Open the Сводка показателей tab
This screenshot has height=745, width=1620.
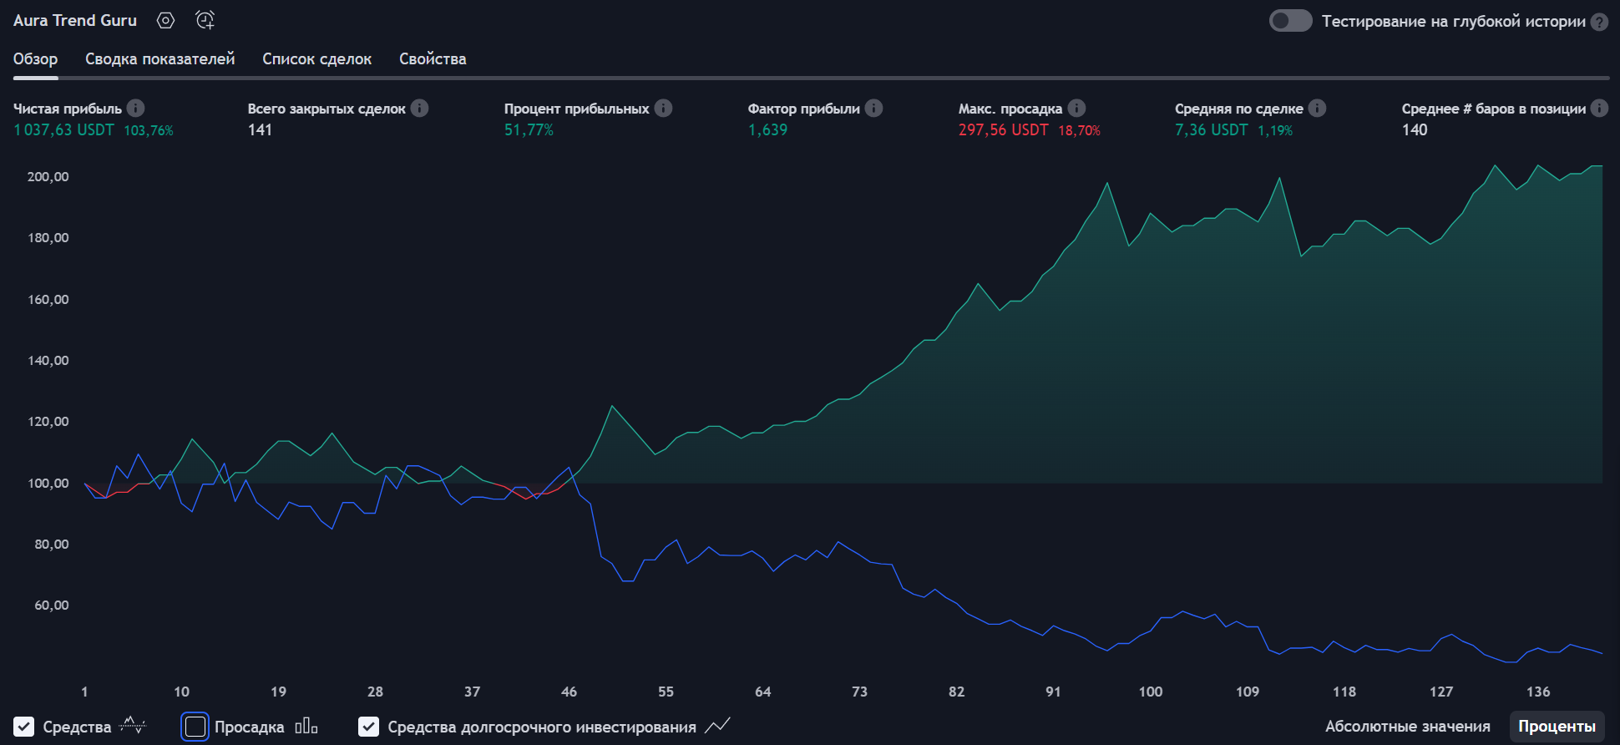tap(159, 58)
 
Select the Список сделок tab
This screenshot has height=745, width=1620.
tap(316, 58)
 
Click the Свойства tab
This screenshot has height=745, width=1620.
tap(433, 58)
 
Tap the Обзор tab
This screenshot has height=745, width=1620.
tap(35, 58)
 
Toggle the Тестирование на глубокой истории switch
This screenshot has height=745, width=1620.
tap(1290, 21)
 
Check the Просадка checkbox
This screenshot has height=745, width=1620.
tap(195, 727)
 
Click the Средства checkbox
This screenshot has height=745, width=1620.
tap(24, 727)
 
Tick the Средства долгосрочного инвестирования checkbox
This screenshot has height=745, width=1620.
tap(368, 727)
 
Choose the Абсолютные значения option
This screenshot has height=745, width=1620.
tap(1407, 727)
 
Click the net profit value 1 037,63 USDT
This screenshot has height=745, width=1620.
tap(63, 130)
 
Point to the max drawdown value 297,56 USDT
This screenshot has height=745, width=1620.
tap(1003, 130)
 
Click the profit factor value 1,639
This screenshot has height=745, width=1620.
tap(767, 130)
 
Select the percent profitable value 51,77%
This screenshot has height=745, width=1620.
tap(529, 130)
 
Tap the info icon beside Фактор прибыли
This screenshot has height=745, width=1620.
tap(873, 109)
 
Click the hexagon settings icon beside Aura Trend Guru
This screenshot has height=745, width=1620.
tap(166, 21)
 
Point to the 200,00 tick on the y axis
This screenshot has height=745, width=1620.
tap(48, 176)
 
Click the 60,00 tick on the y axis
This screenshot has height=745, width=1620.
tap(51, 606)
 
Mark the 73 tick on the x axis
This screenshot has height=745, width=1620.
tap(859, 692)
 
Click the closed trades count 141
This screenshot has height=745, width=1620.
tap(260, 130)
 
